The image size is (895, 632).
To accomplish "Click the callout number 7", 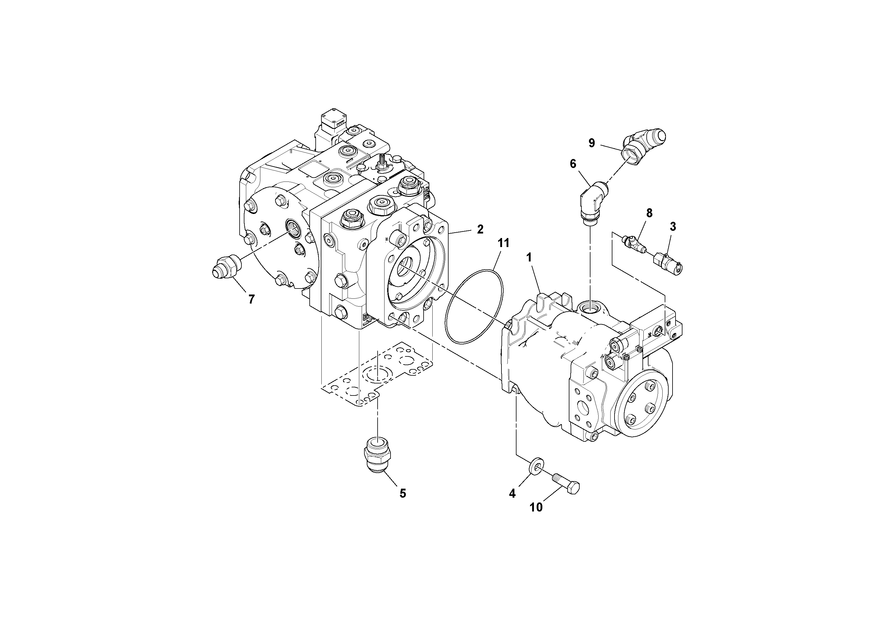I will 251,299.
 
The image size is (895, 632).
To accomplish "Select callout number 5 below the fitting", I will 403,494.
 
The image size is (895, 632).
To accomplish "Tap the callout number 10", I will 536,507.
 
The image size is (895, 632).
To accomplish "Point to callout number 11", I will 503,243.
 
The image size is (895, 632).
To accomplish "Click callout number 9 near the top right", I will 591,143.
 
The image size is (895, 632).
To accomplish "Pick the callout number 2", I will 480,229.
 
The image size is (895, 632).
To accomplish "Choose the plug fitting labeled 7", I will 226,269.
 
